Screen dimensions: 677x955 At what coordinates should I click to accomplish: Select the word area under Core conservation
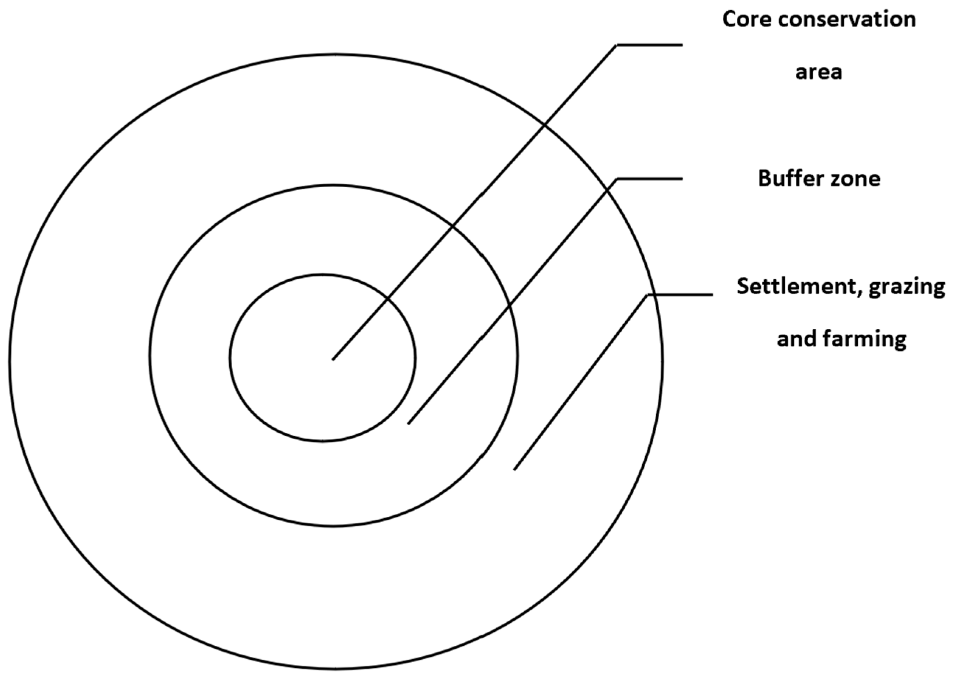819,72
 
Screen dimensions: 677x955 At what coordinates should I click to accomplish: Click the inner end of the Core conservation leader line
333,359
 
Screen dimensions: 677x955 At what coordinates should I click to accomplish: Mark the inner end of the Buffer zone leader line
409,424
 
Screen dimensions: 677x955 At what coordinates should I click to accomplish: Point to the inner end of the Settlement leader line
515,470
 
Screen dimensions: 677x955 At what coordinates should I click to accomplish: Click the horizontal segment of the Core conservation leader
649,45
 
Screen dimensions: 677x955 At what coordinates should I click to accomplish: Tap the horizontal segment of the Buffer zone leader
649,179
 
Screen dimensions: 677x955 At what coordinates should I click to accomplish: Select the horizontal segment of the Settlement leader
680,295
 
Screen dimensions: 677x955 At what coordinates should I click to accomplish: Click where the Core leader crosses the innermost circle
388,299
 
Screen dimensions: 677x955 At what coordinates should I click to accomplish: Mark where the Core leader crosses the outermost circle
544,124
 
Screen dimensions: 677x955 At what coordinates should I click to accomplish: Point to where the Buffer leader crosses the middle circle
510,306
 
